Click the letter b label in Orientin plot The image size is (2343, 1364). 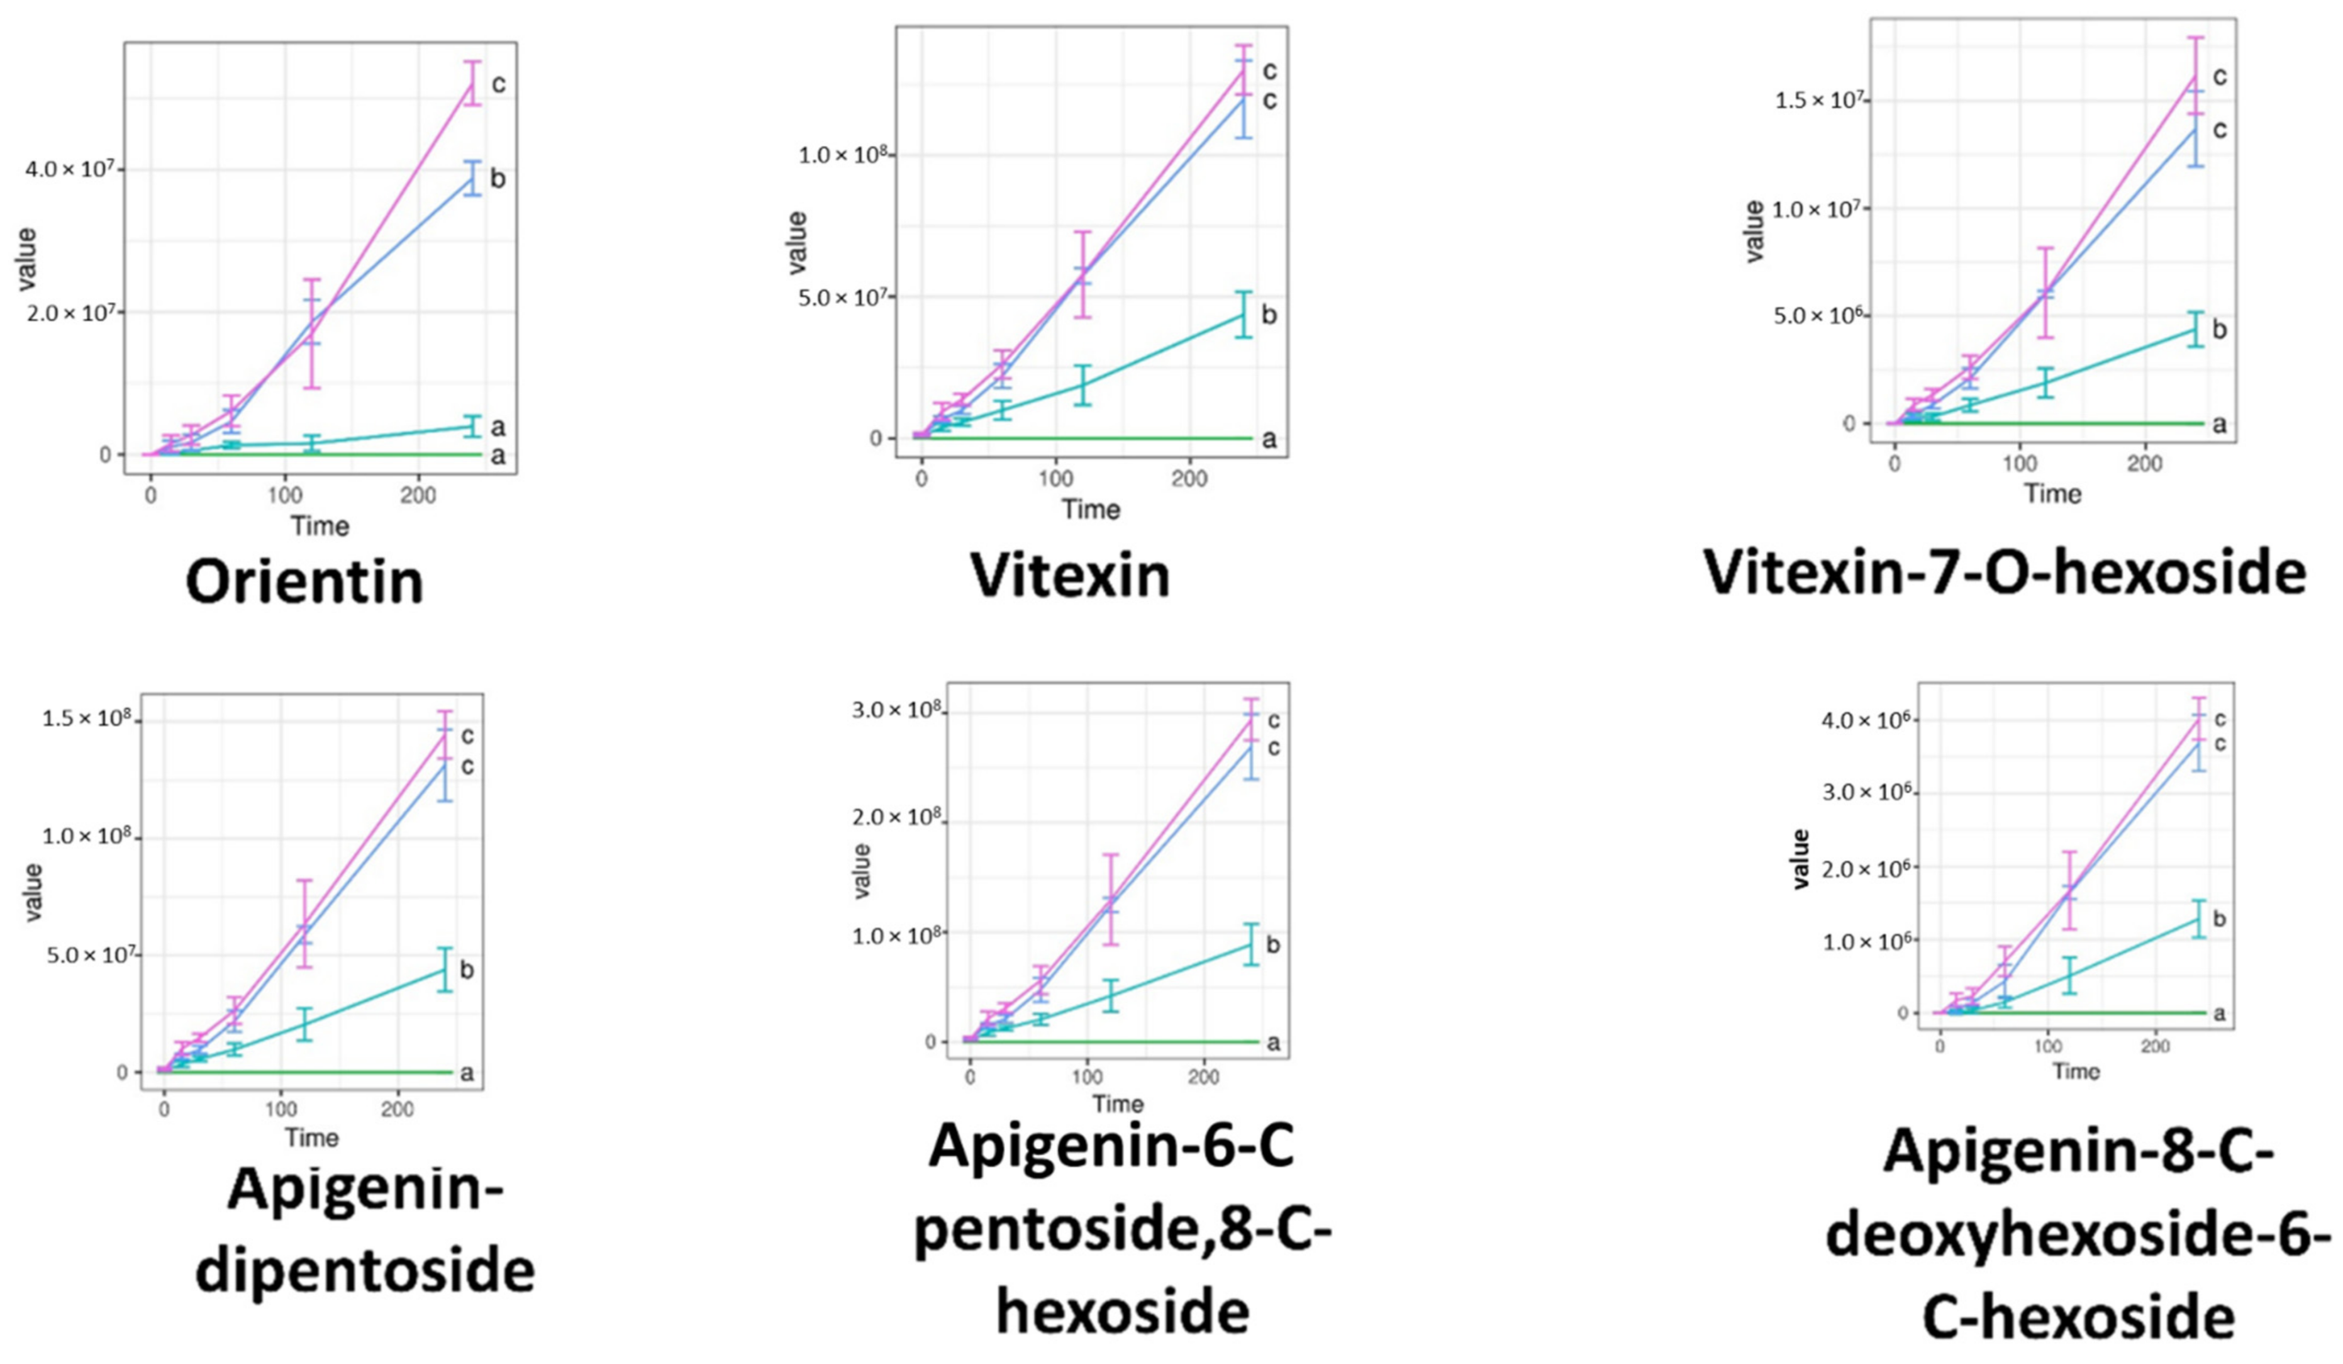click(x=498, y=179)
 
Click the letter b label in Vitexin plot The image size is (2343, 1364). click(x=1269, y=315)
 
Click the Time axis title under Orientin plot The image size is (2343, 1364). click(x=320, y=526)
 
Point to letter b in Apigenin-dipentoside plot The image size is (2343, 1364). click(x=467, y=970)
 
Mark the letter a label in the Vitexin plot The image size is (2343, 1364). click(x=1269, y=440)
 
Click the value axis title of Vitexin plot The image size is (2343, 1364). click(x=798, y=243)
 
